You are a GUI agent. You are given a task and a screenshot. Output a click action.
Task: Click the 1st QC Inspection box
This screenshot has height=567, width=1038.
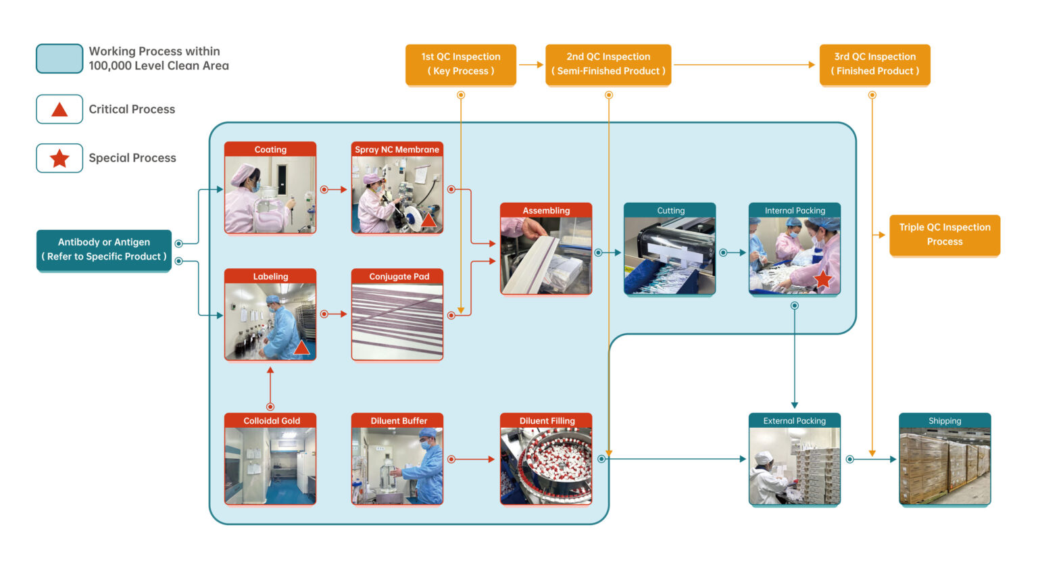(460, 64)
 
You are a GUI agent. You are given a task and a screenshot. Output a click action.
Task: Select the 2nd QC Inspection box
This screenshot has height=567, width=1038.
(608, 64)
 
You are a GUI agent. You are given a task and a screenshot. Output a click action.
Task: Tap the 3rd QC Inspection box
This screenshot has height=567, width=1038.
(874, 64)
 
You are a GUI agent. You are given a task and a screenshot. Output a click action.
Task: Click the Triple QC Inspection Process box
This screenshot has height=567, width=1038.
(944, 235)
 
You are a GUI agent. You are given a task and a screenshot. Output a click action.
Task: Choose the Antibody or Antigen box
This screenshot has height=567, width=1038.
(103, 249)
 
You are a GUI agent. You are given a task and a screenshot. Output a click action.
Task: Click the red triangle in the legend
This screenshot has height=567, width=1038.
(59, 109)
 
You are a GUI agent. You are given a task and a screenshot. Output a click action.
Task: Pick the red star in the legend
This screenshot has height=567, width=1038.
(59, 158)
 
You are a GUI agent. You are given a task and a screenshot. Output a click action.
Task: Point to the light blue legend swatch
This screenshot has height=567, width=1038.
(59, 58)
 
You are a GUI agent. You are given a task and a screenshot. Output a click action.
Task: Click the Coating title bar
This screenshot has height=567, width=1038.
(270, 149)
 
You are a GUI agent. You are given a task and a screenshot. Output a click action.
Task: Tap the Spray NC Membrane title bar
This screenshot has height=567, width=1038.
(397, 149)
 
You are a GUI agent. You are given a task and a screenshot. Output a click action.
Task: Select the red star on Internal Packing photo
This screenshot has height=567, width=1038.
(822, 279)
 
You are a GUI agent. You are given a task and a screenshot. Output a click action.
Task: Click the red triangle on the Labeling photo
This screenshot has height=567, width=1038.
(301, 348)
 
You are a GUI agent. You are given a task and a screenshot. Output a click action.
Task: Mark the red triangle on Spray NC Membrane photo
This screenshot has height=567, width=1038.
(428, 220)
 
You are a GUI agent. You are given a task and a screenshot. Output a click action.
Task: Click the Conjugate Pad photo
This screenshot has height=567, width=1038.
(397, 322)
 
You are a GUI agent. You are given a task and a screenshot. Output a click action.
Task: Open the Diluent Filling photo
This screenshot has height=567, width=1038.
(546, 466)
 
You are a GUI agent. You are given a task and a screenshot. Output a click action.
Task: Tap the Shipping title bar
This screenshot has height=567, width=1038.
(945, 420)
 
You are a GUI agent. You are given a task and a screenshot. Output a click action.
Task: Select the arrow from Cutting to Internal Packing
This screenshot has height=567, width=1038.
(733, 253)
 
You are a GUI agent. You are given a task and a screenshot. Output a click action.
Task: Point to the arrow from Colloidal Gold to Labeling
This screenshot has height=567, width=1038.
(270, 387)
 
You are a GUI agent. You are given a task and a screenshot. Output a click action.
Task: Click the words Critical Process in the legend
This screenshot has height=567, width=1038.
(132, 109)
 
